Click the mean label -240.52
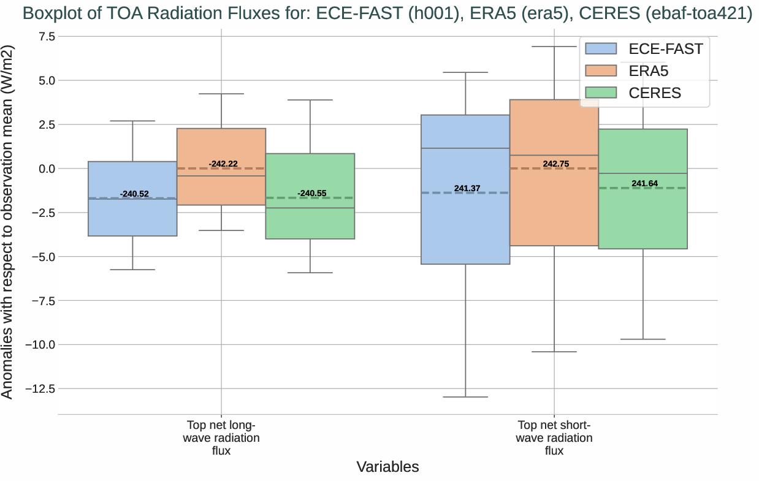[134, 194]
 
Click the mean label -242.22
[223, 164]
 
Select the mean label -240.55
[311, 194]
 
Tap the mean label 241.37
[467, 189]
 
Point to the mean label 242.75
[555, 164]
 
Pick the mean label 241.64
[644, 184]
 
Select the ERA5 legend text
[649, 71]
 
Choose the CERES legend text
[655, 93]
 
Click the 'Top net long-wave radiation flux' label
[221, 438]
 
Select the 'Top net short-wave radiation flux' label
[554, 438]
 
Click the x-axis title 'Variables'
[387, 467]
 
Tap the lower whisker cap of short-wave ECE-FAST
[465, 397]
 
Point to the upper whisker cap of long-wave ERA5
[221, 94]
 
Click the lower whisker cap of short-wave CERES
[643, 339]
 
